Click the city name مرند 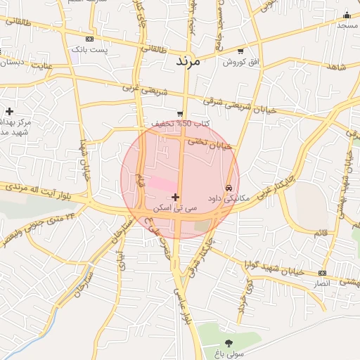point(188,62)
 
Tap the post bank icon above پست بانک point(89,39)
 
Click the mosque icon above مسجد point(346,15)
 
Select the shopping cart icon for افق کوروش point(241,51)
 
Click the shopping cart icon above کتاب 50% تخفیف point(180,113)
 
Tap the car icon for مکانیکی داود point(229,188)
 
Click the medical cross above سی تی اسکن point(175,197)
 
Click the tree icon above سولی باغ point(228,343)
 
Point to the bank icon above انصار point(322,272)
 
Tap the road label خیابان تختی point(208,143)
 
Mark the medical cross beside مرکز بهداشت point(9,111)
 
